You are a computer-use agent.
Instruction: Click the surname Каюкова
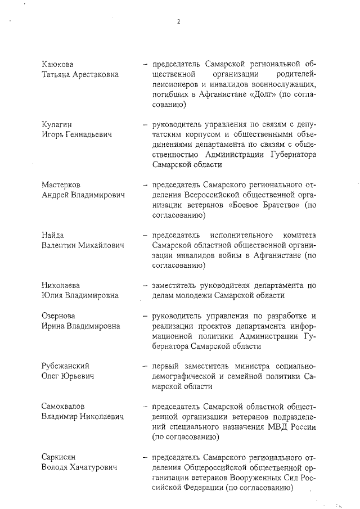[58, 64]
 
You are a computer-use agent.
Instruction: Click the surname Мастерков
[61, 184]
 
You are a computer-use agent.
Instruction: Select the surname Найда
[53, 235]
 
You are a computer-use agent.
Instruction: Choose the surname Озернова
[58, 315]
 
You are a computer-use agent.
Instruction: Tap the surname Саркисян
[59, 456]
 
